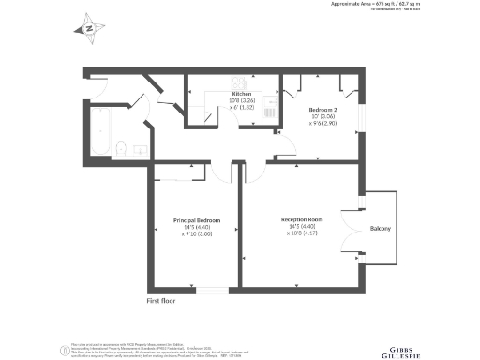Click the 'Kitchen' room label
243,95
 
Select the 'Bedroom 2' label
324,110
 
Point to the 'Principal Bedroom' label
197,220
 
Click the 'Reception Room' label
302,220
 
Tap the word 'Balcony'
380,229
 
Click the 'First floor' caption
161,301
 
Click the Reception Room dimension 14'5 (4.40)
302,227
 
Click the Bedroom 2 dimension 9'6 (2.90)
324,123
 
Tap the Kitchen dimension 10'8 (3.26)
243,101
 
